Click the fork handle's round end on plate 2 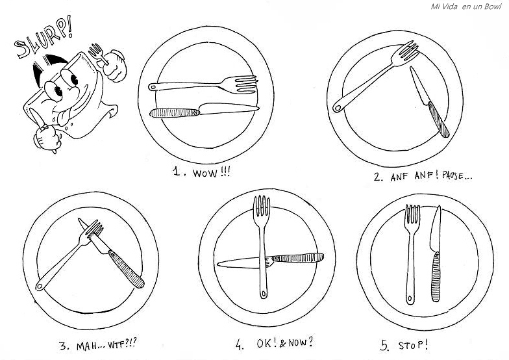(338, 109)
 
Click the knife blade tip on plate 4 (221, 263)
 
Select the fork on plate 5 (410, 253)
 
